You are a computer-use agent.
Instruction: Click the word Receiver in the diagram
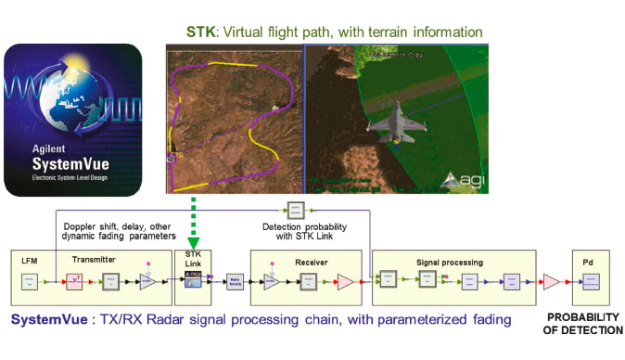pos(312,261)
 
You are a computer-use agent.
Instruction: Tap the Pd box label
pos(589,262)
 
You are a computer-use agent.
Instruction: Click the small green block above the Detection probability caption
pos(295,209)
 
